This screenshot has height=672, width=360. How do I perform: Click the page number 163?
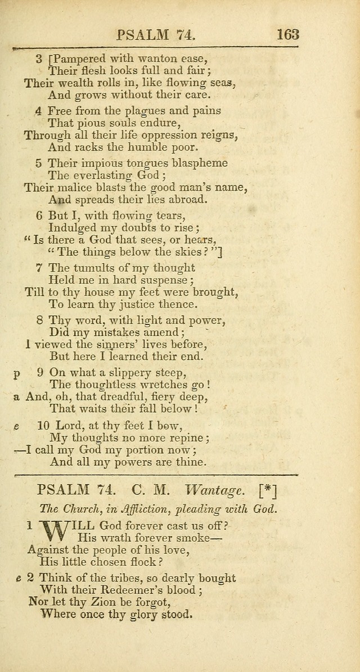(287, 35)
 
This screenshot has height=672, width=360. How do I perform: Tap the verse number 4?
(38, 111)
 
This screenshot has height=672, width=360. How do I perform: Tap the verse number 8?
(39, 321)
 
